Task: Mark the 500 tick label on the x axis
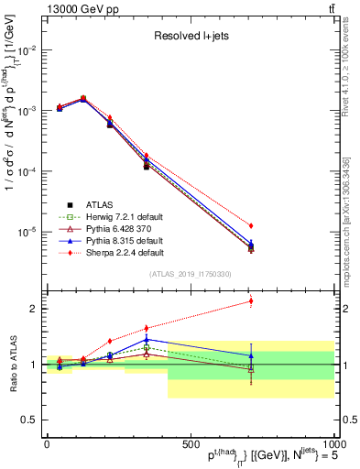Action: (x=190, y=443)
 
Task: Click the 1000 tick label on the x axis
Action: (x=332, y=443)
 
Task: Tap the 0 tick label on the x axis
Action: (x=47, y=443)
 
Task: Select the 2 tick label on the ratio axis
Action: (x=33, y=309)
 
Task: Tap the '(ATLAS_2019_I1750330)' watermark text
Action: (x=191, y=273)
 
